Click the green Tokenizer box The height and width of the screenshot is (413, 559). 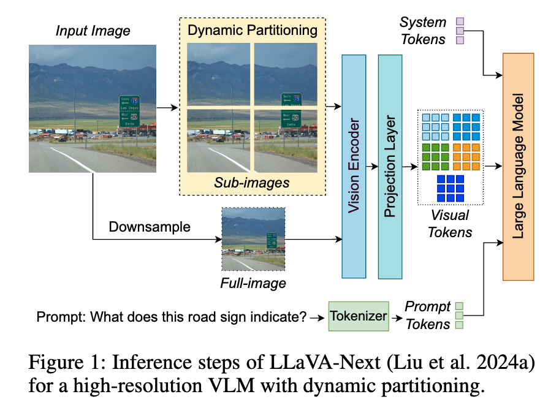coord(359,316)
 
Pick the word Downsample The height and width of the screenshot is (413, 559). coord(150,227)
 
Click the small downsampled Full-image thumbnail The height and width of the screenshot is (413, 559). coord(253,239)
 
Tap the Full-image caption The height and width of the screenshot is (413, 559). coord(253,283)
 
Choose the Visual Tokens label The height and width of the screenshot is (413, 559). coord(451,224)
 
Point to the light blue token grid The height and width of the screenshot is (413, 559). coord(435,127)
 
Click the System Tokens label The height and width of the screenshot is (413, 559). coord(423,31)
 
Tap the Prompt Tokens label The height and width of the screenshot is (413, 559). coord(427,315)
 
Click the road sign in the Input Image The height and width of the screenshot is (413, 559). coord(129,111)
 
